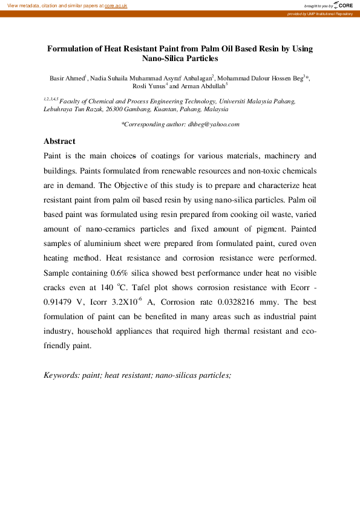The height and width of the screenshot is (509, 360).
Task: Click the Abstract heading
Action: point(59,141)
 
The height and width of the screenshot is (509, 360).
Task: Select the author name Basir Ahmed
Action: point(67,79)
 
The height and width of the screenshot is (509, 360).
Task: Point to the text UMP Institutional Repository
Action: point(330,13)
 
